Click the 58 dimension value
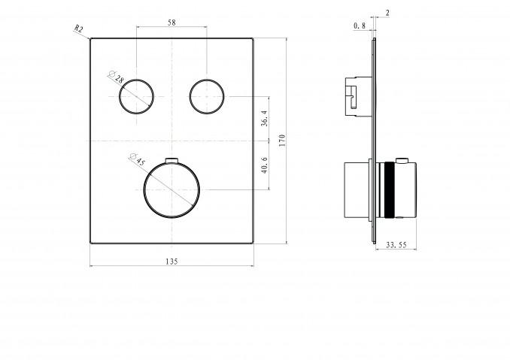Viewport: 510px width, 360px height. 172,23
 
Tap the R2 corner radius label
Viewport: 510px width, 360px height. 78,29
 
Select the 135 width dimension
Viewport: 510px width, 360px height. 172,262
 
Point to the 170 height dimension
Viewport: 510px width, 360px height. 282,140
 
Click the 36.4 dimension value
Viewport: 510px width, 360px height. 265,118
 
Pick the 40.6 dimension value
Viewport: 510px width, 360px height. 265,165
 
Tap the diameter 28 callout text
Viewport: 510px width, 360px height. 117,77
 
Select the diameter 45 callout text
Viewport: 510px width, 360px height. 137,159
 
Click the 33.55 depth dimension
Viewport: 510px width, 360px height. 396,245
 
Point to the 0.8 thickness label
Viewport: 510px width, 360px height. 360,26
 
